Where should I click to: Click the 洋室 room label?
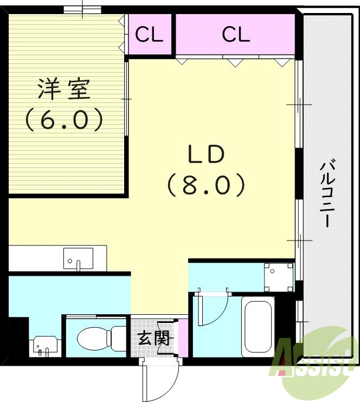63,89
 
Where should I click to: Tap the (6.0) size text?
63,119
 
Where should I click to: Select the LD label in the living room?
205,155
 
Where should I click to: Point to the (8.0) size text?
205,185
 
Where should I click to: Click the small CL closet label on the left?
149,35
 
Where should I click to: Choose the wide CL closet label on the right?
236,35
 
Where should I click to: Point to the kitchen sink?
78,258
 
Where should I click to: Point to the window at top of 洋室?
82,9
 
